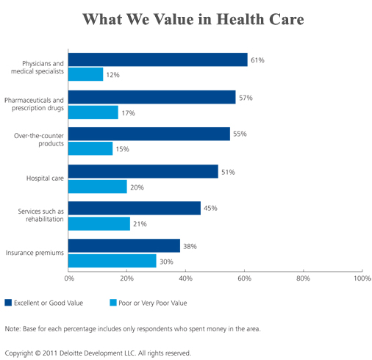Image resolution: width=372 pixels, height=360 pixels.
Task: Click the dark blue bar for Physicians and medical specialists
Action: [x=158, y=60]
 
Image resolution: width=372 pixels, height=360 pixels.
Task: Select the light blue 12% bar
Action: [x=86, y=74]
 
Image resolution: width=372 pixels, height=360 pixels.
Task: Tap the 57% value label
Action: [x=246, y=98]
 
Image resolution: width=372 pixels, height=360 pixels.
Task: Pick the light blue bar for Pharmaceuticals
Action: [x=93, y=112]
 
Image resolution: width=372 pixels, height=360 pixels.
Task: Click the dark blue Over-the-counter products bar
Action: [x=149, y=134]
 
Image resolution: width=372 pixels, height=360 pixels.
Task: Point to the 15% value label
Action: [x=122, y=149]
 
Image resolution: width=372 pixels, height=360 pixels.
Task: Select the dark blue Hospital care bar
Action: [x=143, y=171]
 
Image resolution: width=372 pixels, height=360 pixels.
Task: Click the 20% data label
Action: [x=137, y=187]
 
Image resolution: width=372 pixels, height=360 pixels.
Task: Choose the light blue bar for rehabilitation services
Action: [x=99, y=223]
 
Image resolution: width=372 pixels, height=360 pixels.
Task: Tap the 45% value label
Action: [x=210, y=208]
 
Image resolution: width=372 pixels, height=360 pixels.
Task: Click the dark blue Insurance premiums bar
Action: [x=124, y=245]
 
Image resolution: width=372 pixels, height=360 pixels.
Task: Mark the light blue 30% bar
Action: [x=112, y=261]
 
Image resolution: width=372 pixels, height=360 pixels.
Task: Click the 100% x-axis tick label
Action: [x=362, y=278]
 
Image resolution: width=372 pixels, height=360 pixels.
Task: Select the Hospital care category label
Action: [x=45, y=179]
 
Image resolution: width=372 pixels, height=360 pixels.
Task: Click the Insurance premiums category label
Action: [x=35, y=253]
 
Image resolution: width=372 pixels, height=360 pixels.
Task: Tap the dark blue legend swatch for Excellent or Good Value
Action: [x=8, y=303]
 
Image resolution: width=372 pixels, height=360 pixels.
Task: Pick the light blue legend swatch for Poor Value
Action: [x=113, y=303]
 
